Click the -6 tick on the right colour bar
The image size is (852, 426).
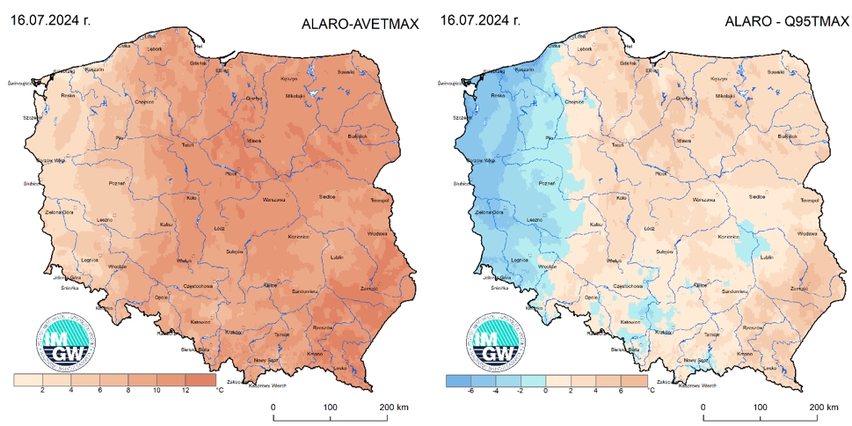point(470,390)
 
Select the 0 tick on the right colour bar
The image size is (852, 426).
point(546,390)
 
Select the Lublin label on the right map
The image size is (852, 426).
point(765,257)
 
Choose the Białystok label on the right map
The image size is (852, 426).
point(787,136)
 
